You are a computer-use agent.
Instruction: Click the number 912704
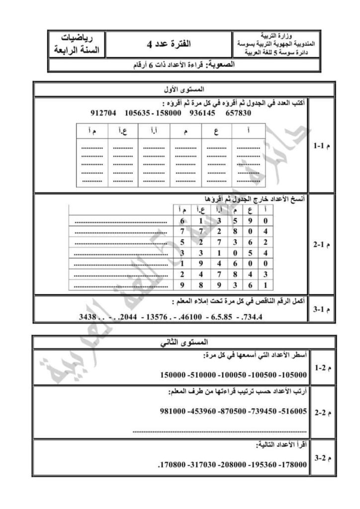pyautogui.click(x=103, y=113)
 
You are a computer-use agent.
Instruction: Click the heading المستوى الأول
pyautogui.click(x=178, y=90)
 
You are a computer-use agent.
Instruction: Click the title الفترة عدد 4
pyautogui.click(x=169, y=44)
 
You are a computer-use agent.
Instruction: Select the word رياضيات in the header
pyautogui.click(x=76, y=38)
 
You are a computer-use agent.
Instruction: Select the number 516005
pyautogui.click(x=293, y=412)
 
